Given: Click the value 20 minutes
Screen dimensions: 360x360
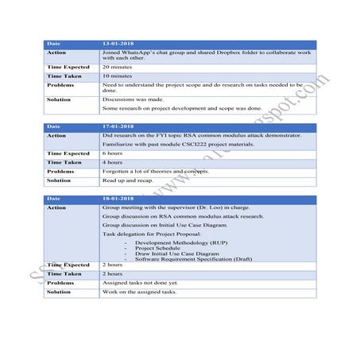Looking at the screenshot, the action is pos(117,68).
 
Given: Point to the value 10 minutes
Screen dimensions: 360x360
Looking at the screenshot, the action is pos(117,75).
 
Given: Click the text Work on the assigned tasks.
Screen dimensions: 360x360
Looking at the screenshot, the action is pos(139,292).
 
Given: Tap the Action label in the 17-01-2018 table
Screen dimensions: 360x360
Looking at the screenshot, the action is pos(56,136).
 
